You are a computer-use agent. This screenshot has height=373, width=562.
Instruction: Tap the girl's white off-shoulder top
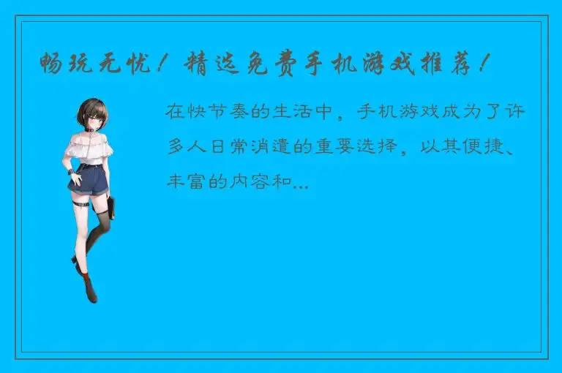[x=88, y=150]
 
